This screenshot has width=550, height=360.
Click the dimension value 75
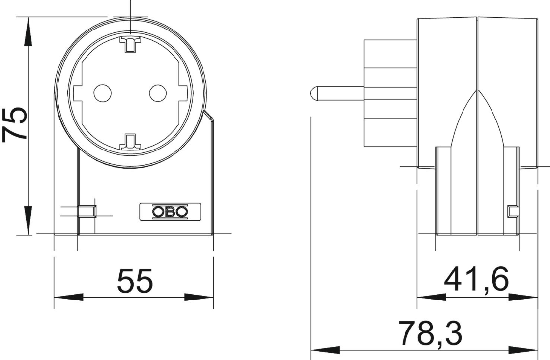(15, 124)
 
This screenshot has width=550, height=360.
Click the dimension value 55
(135, 281)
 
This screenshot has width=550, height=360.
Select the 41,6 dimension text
(476, 279)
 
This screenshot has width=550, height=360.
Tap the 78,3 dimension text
(431, 332)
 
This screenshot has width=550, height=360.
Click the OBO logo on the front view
(170, 211)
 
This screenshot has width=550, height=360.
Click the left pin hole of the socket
(102, 93)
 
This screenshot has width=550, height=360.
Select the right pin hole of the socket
(158, 93)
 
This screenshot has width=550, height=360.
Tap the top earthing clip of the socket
(130, 44)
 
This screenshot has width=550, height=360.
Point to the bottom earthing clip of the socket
(130, 143)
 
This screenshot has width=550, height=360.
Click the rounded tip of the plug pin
(313, 93)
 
